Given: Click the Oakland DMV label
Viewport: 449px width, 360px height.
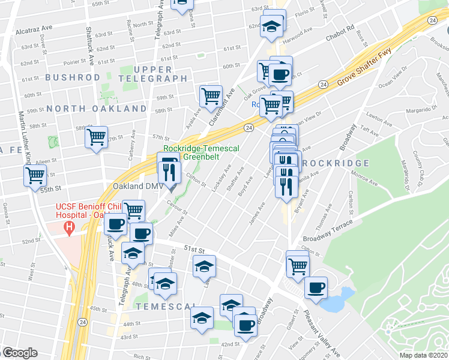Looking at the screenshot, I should (135, 186).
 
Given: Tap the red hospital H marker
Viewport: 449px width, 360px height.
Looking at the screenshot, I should (70, 228).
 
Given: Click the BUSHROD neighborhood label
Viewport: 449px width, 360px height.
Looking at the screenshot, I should (72, 77).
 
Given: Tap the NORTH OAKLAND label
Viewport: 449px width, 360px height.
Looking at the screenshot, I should (97, 109).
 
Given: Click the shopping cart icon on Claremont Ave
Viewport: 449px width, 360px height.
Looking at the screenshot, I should (211, 95).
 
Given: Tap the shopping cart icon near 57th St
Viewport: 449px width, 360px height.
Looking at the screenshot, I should (96, 137).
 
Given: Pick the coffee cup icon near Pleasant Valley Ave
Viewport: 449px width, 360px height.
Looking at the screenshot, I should (316, 287).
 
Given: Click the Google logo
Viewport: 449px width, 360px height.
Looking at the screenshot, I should (19, 353).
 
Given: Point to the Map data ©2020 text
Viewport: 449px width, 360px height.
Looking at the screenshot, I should (424, 355).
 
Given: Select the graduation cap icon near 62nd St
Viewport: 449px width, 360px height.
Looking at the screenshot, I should (274, 26).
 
